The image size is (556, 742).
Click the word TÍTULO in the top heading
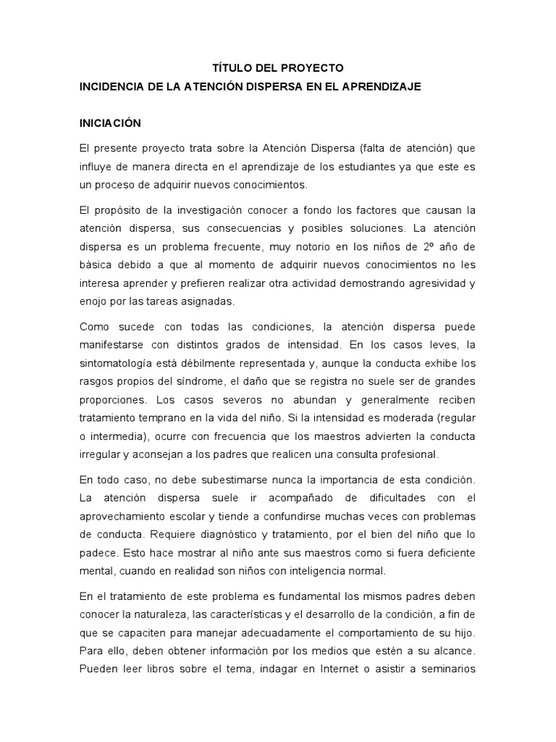coord(231,68)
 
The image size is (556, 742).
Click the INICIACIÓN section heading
coord(110,123)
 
